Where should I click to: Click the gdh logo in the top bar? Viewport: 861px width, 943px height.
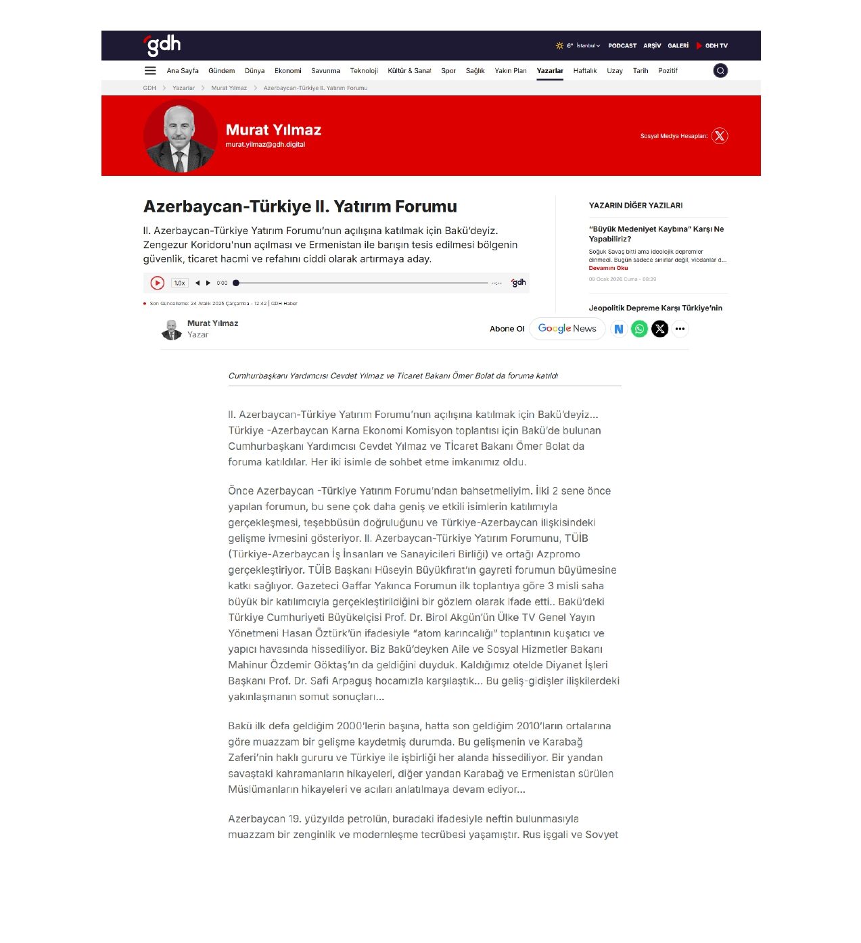(162, 45)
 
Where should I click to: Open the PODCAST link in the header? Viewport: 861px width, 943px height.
(622, 46)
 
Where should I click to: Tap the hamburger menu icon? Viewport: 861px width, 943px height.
(150, 71)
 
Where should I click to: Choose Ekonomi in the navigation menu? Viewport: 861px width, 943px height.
(287, 71)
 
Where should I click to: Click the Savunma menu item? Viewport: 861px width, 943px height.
(325, 71)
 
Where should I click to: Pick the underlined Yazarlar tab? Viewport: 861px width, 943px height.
(549, 71)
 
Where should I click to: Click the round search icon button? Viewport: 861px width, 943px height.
(720, 71)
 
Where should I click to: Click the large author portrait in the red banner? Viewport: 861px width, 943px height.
(180, 136)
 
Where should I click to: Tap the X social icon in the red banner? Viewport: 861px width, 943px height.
(720, 136)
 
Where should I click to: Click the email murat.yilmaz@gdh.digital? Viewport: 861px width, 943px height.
(265, 145)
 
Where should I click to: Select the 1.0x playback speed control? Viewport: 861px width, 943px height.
(179, 283)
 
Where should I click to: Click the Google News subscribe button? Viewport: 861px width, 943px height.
(567, 329)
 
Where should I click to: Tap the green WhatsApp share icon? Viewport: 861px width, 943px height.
(639, 329)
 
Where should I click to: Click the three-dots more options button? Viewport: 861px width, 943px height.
(680, 329)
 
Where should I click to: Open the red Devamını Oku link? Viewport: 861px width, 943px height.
(608, 269)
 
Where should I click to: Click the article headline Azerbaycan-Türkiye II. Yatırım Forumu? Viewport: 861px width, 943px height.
(300, 206)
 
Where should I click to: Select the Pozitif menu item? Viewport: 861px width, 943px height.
(668, 71)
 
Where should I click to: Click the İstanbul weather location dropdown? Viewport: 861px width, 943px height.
(588, 46)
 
